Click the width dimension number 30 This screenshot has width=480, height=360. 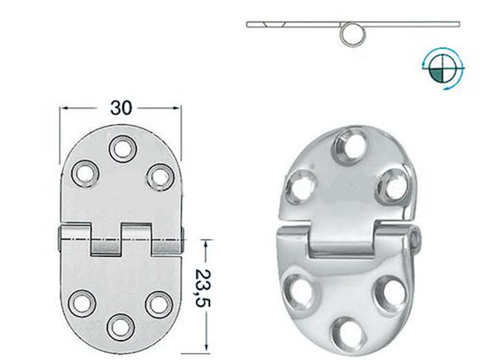tap(120, 107)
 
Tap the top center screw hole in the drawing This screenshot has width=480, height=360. tap(122, 147)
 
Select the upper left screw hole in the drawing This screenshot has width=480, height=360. tap(85, 172)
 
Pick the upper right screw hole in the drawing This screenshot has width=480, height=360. tap(159, 175)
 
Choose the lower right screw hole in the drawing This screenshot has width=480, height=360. tap(158, 304)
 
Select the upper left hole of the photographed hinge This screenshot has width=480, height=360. tap(299, 185)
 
